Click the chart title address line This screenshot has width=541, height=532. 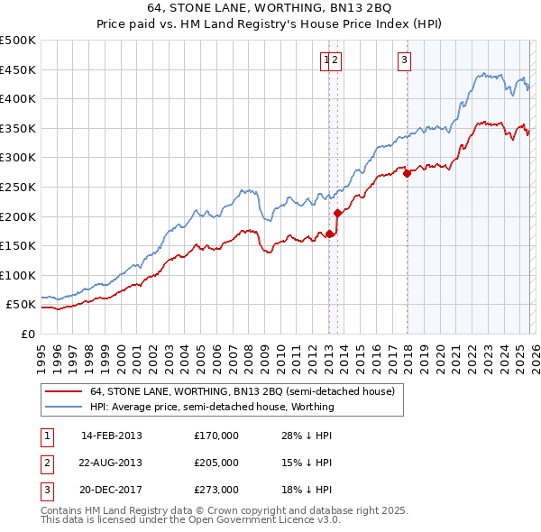pyautogui.click(x=270, y=7)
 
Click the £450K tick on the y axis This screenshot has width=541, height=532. pyautogui.click(x=18, y=69)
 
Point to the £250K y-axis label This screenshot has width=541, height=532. pyautogui.click(x=18, y=187)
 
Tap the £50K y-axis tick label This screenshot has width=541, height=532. pyautogui.click(x=22, y=305)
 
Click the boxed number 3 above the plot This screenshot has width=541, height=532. pyautogui.click(x=405, y=60)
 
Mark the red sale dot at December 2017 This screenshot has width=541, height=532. pyautogui.click(x=407, y=174)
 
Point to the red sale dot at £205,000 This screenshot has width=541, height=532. pyautogui.click(x=337, y=214)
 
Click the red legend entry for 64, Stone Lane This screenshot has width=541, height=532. pyautogui.click(x=242, y=392)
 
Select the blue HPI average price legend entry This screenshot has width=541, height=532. pyautogui.click(x=212, y=407)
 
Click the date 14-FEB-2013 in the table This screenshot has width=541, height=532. pyautogui.click(x=112, y=436)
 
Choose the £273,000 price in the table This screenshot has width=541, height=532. pyautogui.click(x=216, y=490)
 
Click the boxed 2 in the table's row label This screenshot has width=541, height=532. pyautogui.click(x=44, y=463)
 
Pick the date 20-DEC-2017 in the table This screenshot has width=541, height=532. pyautogui.click(x=112, y=490)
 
